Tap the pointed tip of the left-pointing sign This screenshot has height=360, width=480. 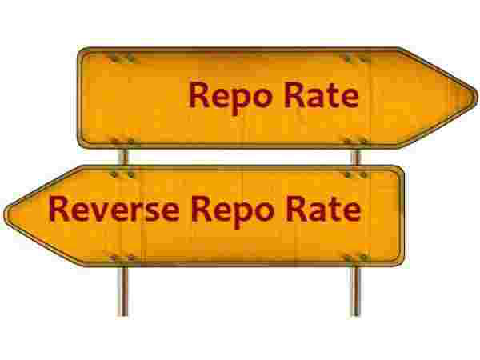point(7,212)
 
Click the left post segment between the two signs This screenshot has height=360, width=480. point(122,156)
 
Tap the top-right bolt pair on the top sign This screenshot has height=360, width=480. point(354,58)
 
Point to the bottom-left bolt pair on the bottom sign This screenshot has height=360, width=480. point(122,257)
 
